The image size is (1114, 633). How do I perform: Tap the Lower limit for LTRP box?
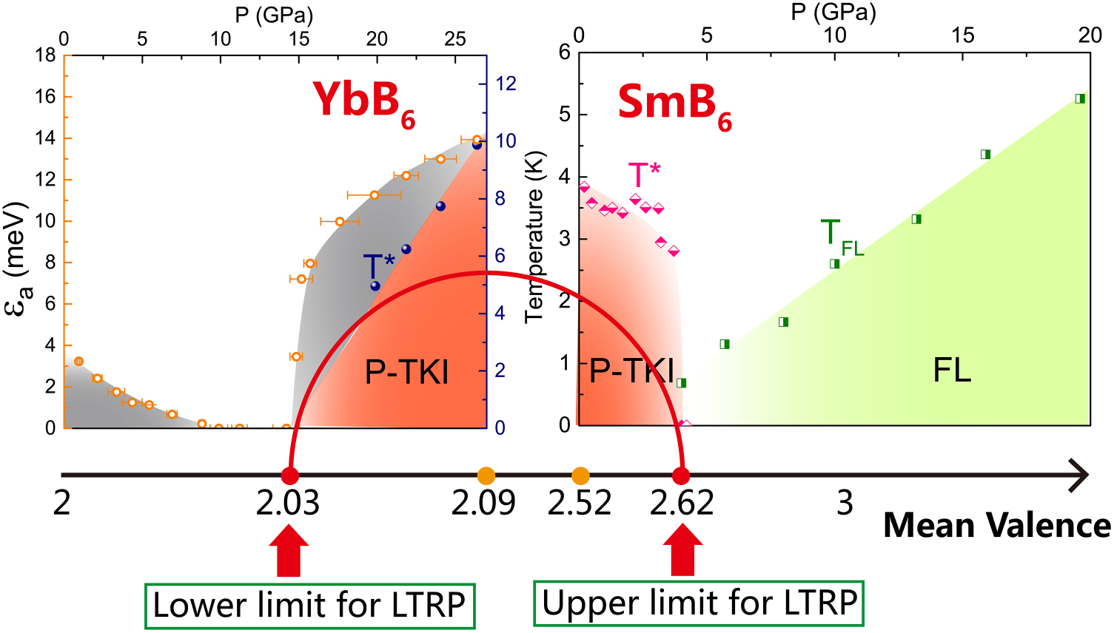point(309,606)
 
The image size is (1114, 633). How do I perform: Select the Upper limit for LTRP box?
point(699,603)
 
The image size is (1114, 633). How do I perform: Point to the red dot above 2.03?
point(290,475)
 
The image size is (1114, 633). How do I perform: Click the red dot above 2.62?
point(681,475)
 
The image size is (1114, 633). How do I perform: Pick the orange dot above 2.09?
point(486,475)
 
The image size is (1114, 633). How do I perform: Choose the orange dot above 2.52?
point(580,475)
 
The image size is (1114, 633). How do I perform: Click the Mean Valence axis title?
point(996,526)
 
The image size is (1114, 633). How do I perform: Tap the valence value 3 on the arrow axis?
point(845,504)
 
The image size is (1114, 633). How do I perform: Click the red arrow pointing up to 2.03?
point(289,550)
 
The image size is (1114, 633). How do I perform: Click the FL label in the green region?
point(951,370)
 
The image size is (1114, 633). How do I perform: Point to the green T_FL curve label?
point(841,237)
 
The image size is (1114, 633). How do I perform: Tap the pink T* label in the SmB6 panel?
point(644,175)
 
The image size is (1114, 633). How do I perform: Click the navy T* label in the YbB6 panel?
point(378,266)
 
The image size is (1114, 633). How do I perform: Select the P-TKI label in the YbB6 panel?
point(406,373)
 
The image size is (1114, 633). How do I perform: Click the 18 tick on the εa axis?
point(45,55)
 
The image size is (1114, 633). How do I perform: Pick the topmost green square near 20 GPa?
point(1080,98)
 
